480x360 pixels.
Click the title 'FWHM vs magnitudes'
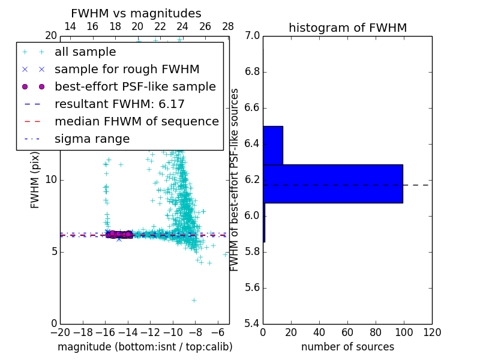click(x=136, y=13)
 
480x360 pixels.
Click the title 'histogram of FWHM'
click(x=347, y=28)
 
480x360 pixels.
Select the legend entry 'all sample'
click(x=85, y=52)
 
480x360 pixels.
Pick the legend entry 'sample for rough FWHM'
click(x=127, y=70)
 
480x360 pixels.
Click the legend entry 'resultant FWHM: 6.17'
click(x=119, y=104)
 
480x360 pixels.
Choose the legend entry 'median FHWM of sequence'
click(x=136, y=122)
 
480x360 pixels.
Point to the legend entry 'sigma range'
click(x=92, y=139)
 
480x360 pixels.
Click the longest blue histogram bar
click(x=332, y=184)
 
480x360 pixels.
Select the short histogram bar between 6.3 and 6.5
click(x=272, y=145)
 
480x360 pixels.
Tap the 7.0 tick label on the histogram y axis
click(x=252, y=36)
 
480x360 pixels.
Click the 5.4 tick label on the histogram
click(x=252, y=323)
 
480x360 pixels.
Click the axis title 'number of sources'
click(x=347, y=347)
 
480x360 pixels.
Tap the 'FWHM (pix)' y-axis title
click(x=35, y=179)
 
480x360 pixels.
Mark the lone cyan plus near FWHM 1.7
click(x=194, y=299)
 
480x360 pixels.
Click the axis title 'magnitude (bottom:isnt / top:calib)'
click(x=145, y=347)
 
